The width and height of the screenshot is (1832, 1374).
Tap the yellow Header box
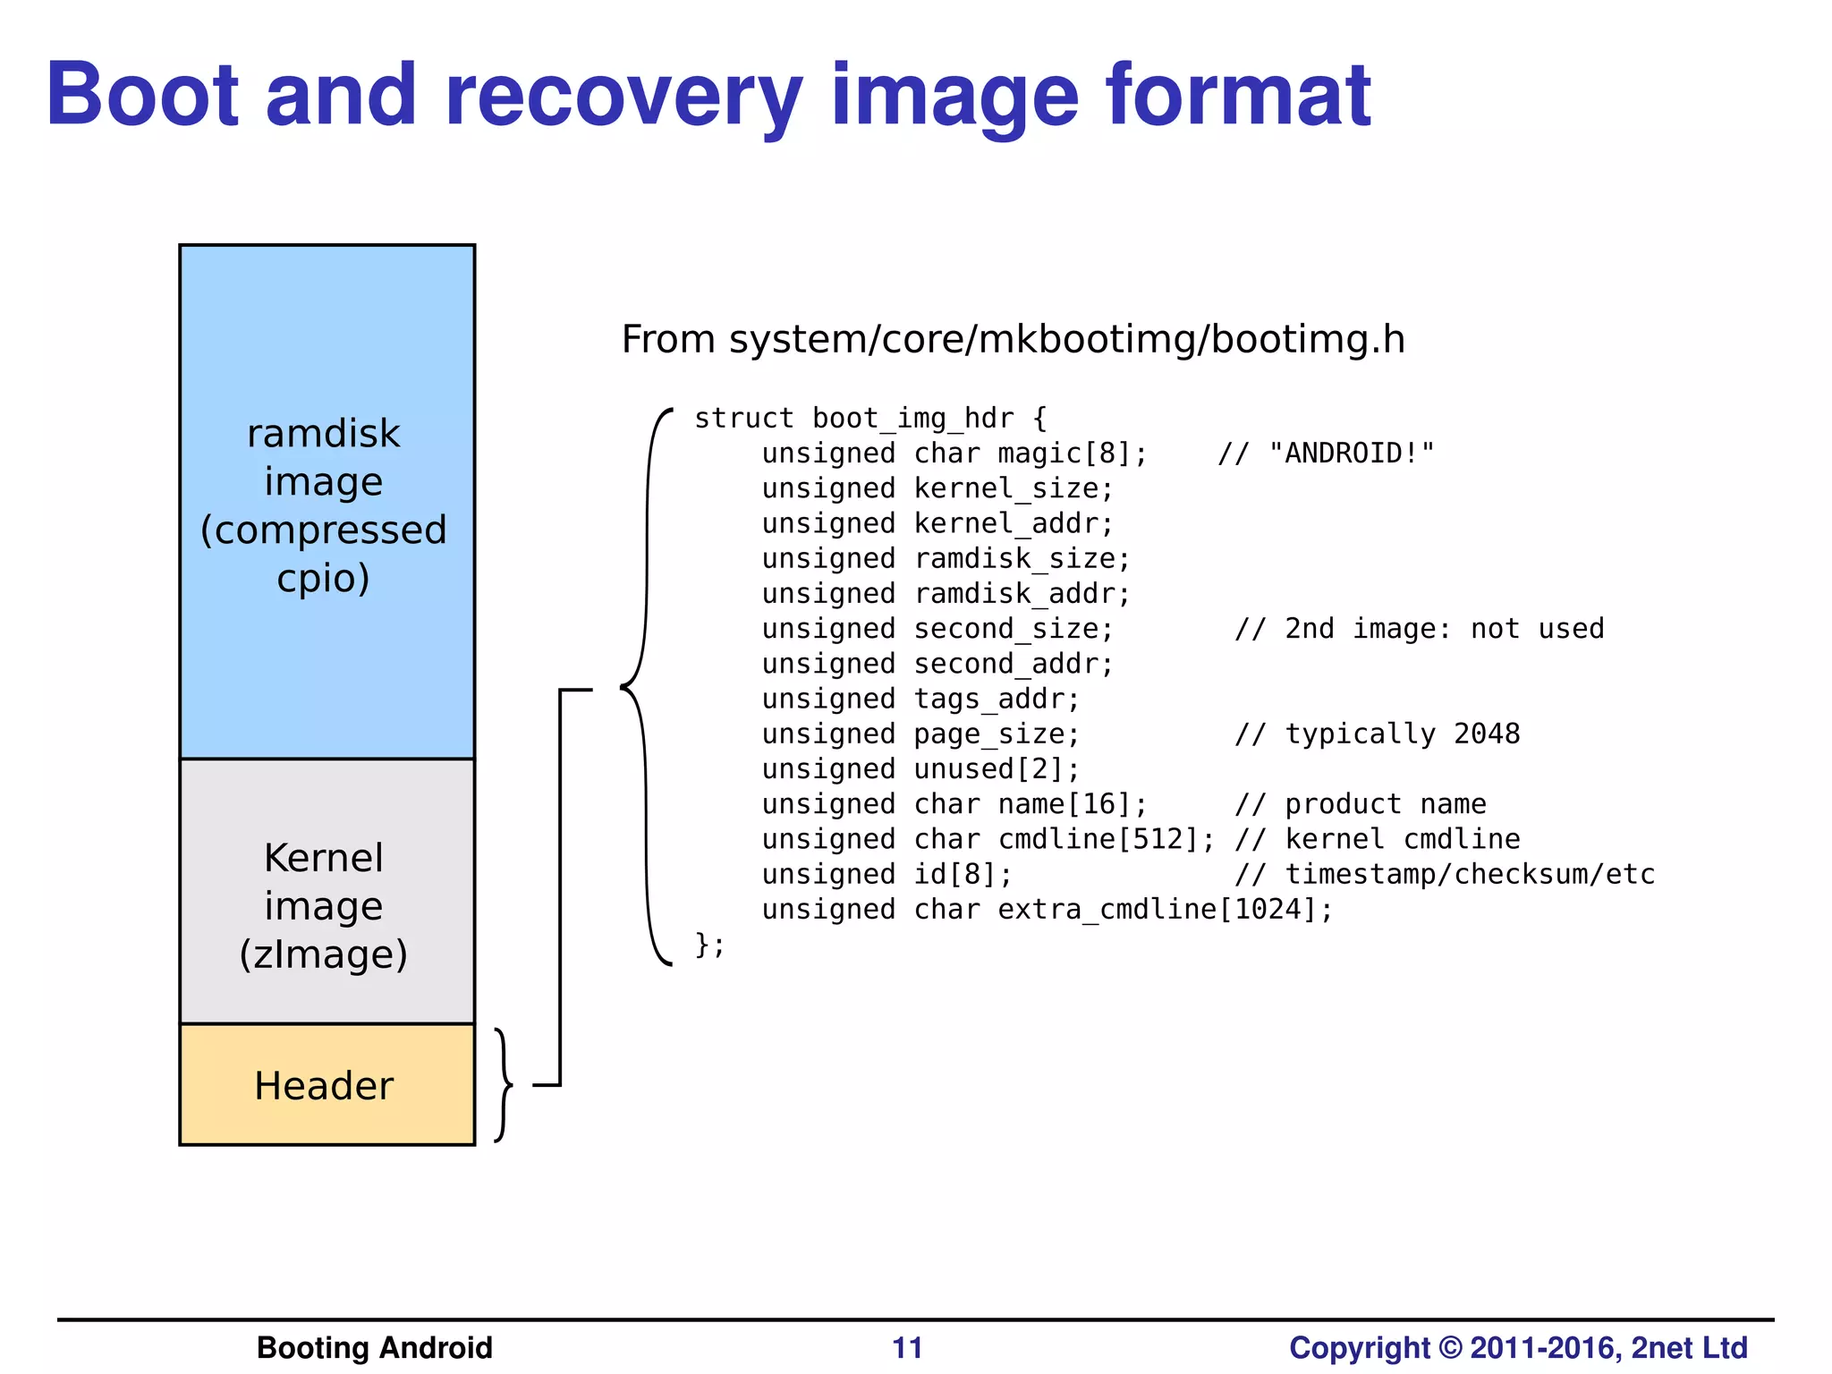tap(326, 1085)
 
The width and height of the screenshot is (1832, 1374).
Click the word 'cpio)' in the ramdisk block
tap(324, 579)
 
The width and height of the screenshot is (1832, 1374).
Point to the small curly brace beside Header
tap(504, 1085)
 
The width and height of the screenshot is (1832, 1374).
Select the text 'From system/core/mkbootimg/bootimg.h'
tap(1013, 340)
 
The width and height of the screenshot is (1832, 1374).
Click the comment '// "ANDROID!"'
tap(1326, 454)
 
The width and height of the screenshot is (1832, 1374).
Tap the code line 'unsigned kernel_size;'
tap(937, 488)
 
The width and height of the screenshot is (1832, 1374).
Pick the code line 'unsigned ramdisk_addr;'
tap(946, 593)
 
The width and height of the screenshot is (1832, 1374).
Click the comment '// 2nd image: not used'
tap(1419, 629)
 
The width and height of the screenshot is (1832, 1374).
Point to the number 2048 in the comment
tap(1487, 734)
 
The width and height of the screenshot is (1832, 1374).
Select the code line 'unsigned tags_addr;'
tap(920, 699)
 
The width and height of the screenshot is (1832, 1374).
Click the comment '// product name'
tap(1360, 804)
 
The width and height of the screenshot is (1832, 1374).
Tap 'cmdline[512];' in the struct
tap(1107, 839)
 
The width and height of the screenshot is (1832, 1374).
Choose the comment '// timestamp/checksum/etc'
tap(1444, 874)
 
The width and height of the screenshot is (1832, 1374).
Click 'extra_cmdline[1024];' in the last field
tap(1165, 910)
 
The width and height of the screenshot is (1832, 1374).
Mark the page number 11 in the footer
tap(907, 1348)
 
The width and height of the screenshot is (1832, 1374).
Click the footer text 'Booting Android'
tap(374, 1348)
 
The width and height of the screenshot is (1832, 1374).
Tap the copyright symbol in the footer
tap(1450, 1348)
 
